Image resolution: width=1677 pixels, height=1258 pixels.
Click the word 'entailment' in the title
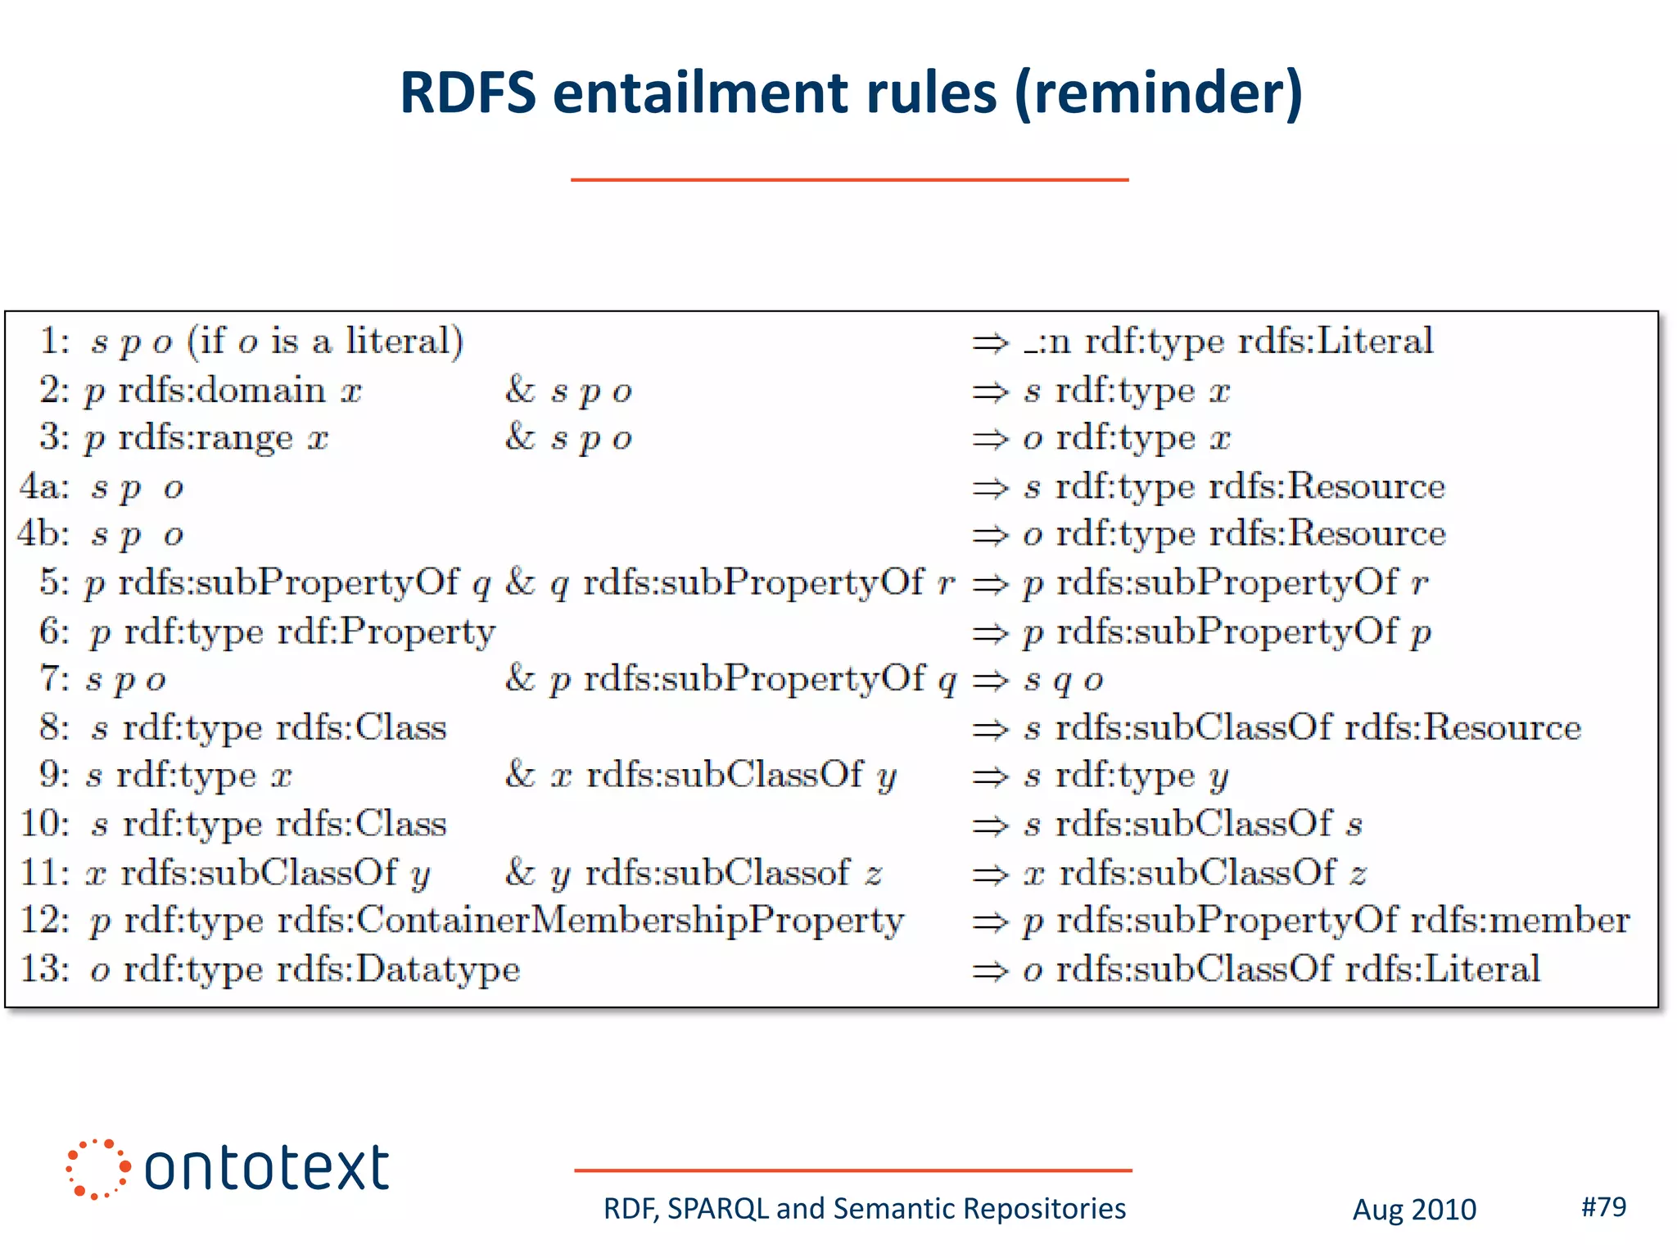tap(774, 92)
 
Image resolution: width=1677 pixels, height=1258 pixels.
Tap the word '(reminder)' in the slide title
tap(1158, 93)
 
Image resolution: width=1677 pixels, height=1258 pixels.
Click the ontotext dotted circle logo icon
tap(97, 1169)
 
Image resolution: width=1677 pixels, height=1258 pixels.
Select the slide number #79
tap(1603, 1206)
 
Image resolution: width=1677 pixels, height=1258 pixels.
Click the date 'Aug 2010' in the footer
tap(1414, 1210)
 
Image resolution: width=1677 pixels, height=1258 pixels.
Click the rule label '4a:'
tap(44, 486)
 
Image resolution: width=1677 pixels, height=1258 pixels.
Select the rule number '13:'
tap(44, 969)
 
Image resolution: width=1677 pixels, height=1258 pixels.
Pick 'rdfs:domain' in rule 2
tap(222, 391)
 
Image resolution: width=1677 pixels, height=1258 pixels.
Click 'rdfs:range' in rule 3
tap(206, 438)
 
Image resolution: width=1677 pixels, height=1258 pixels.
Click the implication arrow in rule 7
tap(989, 681)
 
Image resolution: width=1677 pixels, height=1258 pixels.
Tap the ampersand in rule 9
tap(520, 775)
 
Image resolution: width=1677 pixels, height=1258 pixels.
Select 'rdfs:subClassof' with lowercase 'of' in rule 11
tap(717, 873)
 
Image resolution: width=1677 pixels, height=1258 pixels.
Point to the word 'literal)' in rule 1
tap(405, 341)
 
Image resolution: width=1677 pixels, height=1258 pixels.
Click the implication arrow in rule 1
tap(989, 342)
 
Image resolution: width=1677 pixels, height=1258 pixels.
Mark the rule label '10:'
tap(44, 824)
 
